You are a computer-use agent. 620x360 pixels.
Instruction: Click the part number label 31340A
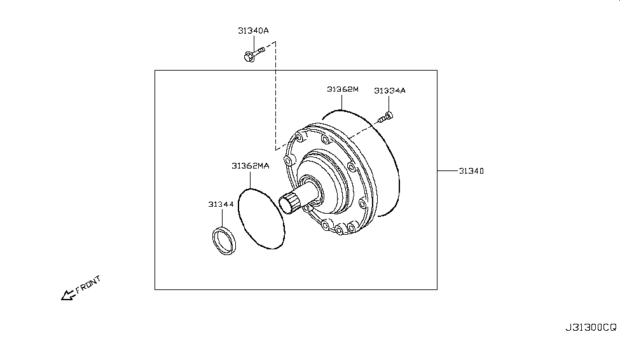253,31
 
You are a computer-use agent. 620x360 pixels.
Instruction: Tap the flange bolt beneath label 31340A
254,54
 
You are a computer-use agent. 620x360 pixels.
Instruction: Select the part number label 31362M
342,90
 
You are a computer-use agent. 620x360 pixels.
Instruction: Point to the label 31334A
389,90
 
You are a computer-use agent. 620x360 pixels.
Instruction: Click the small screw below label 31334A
386,117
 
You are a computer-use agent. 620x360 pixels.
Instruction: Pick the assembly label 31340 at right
471,171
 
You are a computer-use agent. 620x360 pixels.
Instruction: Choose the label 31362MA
251,166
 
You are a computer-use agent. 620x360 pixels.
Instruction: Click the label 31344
221,204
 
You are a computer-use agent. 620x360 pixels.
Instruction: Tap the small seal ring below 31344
223,240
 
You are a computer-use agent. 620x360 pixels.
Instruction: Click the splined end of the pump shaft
289,202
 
